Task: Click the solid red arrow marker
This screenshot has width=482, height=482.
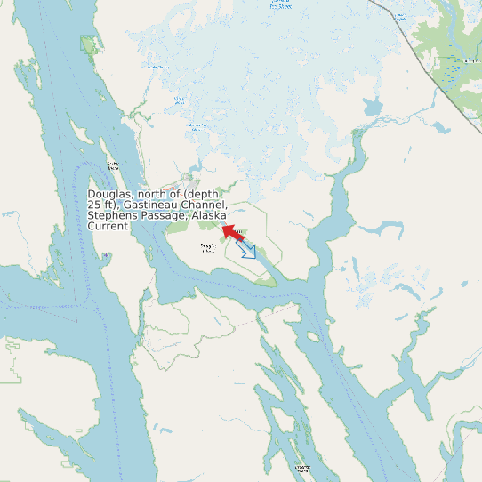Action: tap(232, 233)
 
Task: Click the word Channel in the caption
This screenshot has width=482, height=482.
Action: tap(203, 205)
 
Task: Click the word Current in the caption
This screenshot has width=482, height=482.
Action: tap(108, 227)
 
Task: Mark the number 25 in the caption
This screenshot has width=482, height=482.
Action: tap(94, 205)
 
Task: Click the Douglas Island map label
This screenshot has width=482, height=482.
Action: tap(209, 247)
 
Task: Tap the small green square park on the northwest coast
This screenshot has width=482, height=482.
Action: tap(87, 44)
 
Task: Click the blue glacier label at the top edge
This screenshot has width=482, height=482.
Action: tap(281, 4)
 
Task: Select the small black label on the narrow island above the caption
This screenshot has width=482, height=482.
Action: tap(113, 165)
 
